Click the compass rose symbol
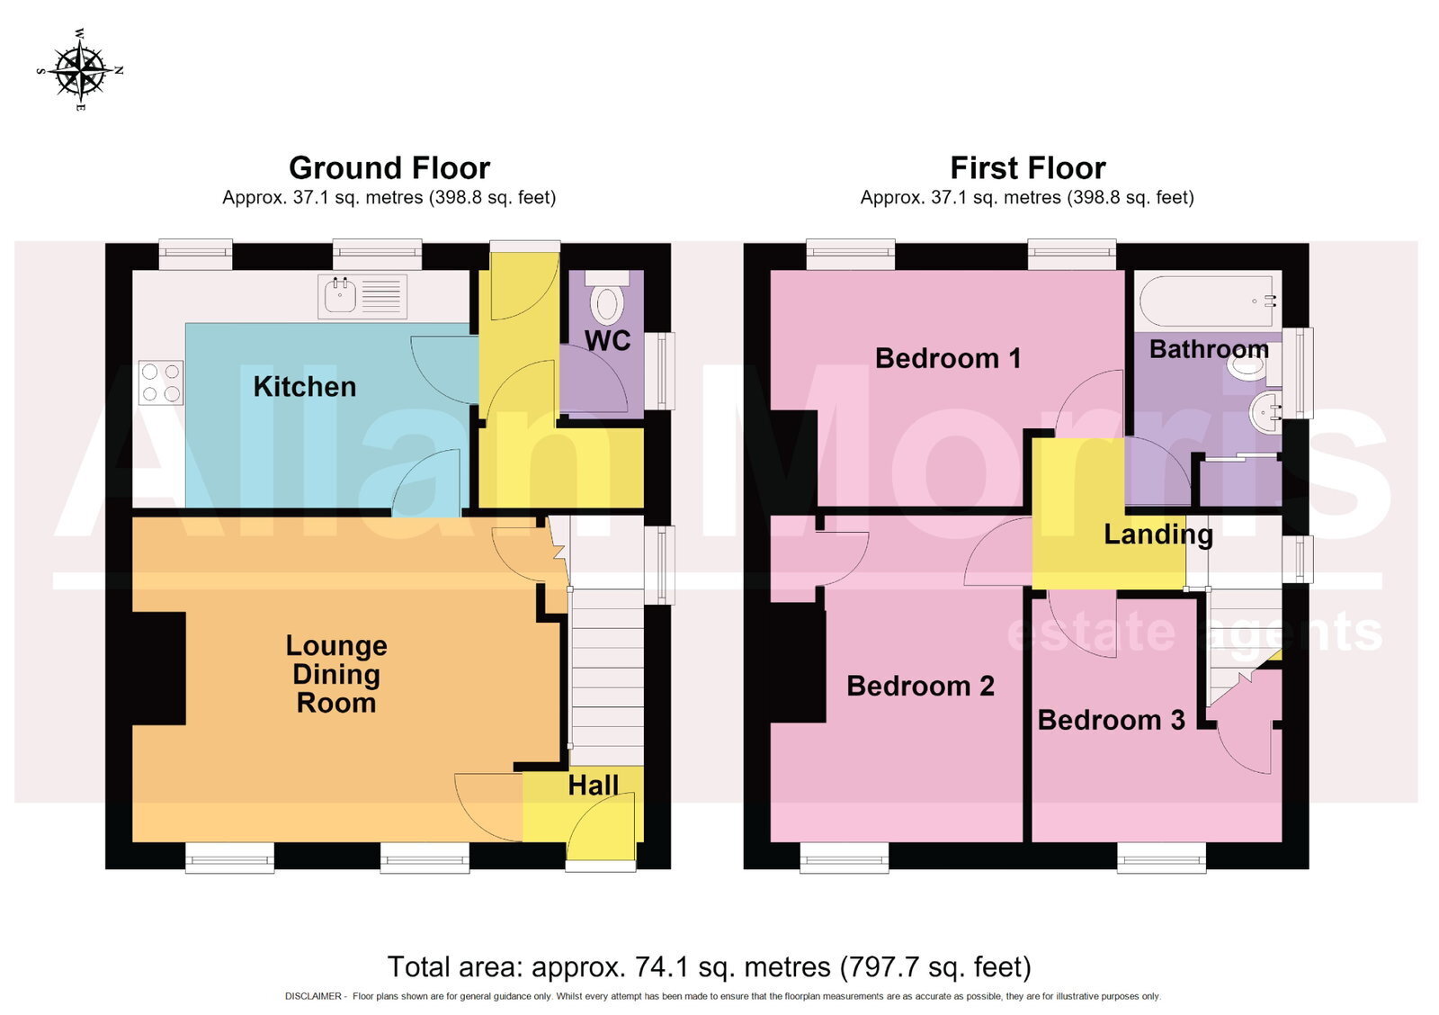(80, 70)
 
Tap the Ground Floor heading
(389, 168)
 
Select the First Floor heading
(1028, 168)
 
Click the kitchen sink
(362, 297)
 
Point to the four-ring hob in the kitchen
(161, 382)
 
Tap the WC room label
(607, 341)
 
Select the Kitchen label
(305, 387)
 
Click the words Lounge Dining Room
(336, 674)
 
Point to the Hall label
(593, 786)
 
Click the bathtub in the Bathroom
(1208, 301)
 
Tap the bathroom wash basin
(1265, 410)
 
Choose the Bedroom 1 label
(948, 359)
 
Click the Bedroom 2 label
(921, 687)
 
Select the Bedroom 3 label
(1112, 721)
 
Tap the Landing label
(1158, 534)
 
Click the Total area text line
(710, 966)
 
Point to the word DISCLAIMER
(313, 996)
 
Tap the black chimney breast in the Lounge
(158, 668)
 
